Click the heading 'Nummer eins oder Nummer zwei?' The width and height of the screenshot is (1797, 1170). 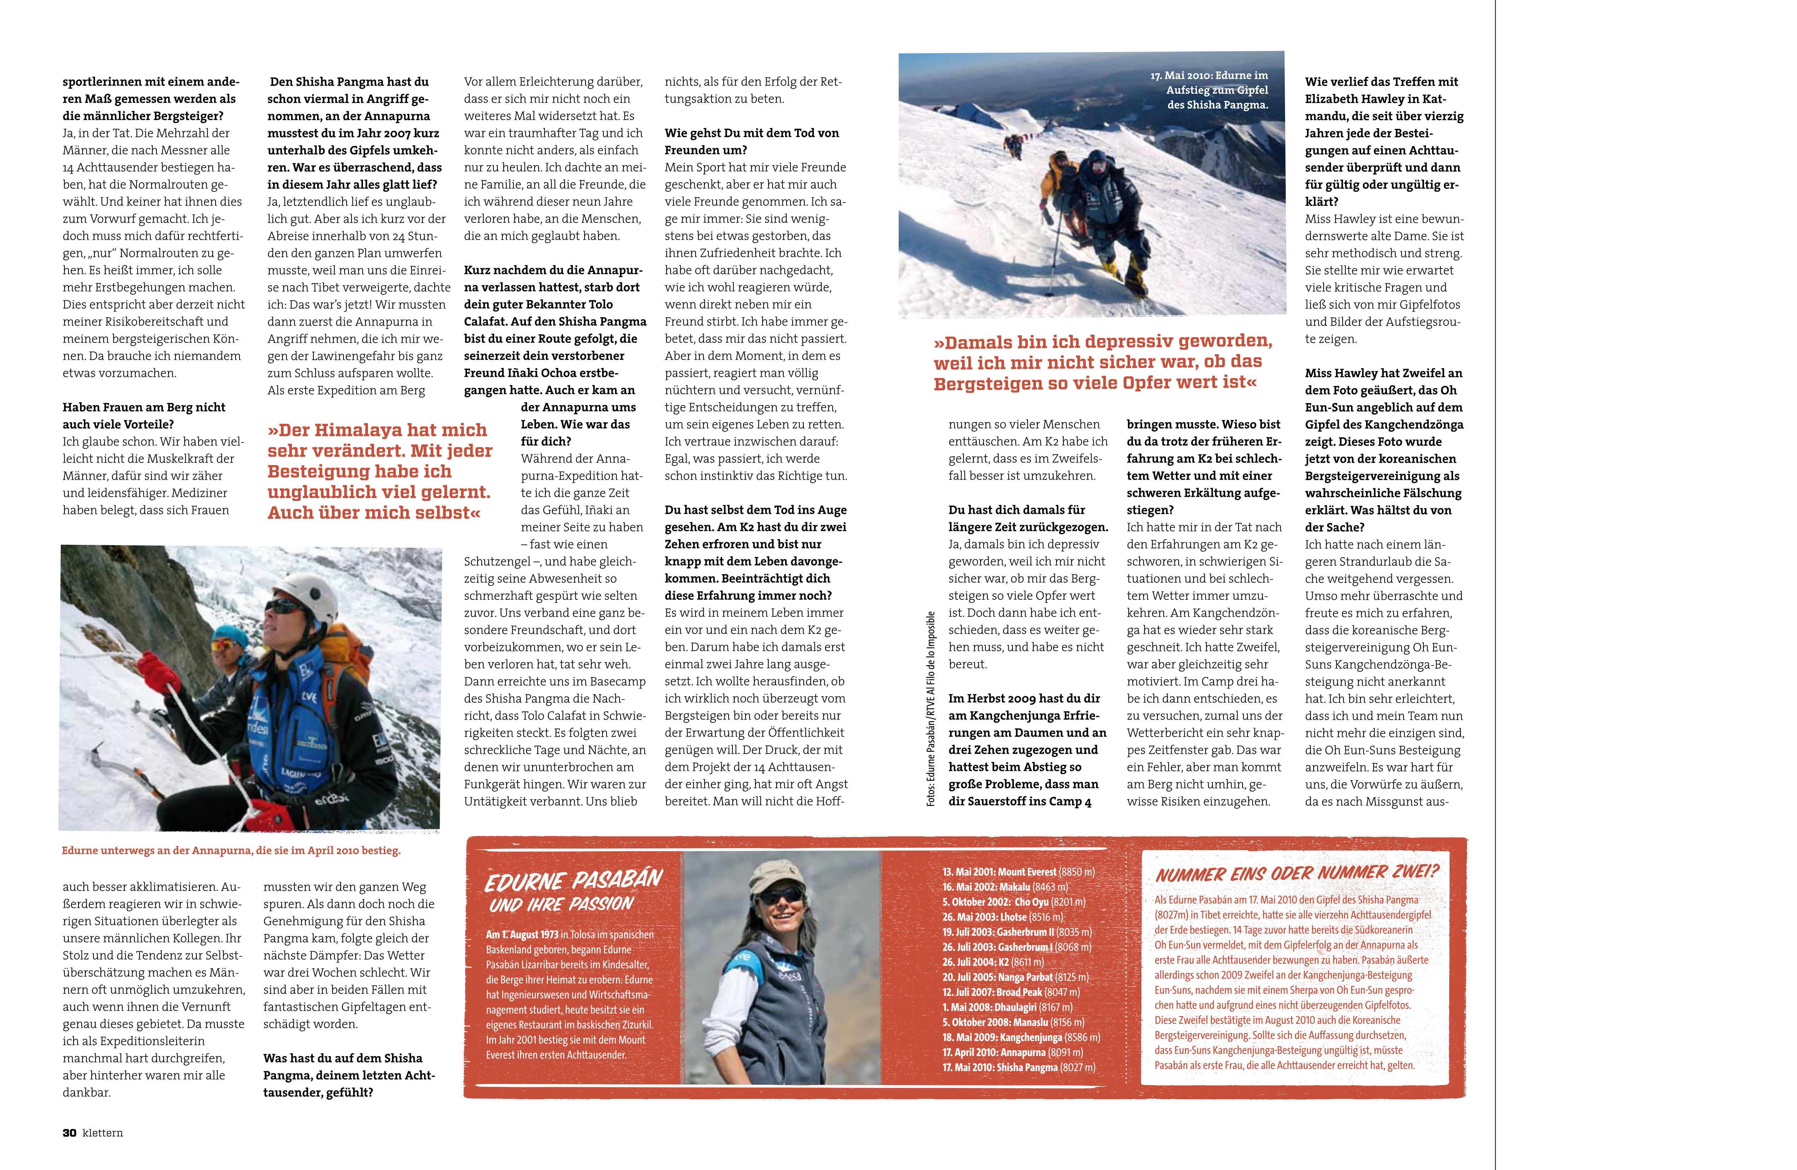[1296, 874]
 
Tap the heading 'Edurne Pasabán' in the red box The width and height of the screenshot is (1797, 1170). [574, 880]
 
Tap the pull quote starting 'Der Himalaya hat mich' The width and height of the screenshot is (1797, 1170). [379, 471]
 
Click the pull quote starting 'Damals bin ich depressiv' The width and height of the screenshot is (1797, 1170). [1102, 362]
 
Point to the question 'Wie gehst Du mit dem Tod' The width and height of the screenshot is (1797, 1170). [751, 141]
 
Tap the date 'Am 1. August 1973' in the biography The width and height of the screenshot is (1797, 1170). [522, 934]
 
